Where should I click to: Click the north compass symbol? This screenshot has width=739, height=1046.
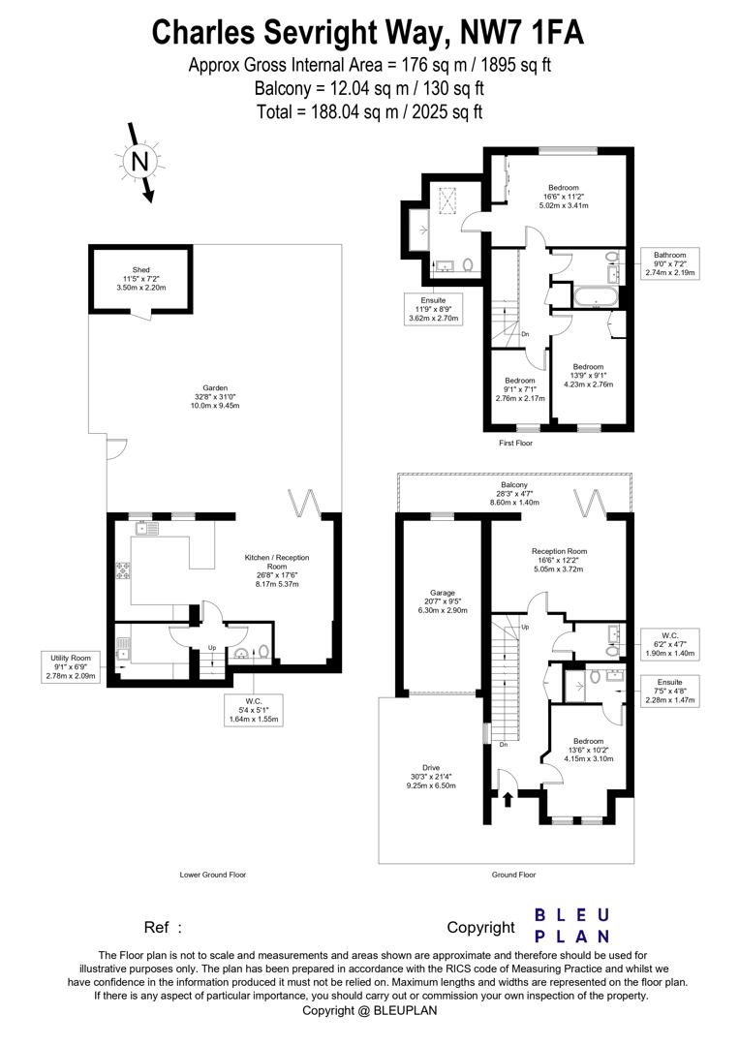pos(141,162)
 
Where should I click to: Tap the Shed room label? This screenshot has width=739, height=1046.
pos(141,279)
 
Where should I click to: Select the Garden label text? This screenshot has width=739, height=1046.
pos(215,396)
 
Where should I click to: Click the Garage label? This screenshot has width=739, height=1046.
pos(442,601)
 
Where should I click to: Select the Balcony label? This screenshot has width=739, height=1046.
pos(513,494)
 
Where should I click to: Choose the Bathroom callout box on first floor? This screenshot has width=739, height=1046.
pos(670,264)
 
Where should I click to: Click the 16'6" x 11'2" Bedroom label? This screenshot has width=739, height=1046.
pos(564,197)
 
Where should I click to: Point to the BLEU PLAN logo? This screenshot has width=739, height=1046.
pos(572,925)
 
